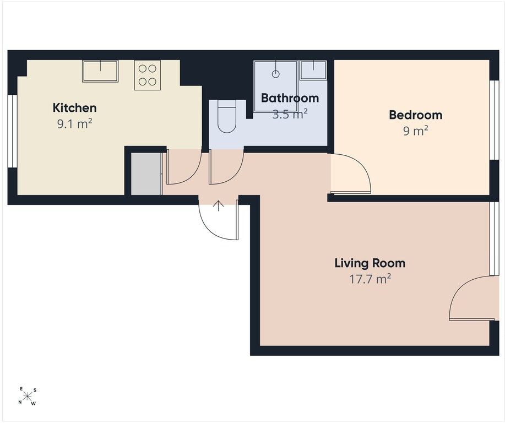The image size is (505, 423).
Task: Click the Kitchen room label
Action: click(74, 107)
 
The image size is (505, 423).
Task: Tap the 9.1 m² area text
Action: click(75, 124)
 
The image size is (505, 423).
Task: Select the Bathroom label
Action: click(290, 98)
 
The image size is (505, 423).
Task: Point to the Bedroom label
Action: click(415, 115)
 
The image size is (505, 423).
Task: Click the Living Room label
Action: click(370, 263)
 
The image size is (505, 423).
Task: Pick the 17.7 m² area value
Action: click(370, 279)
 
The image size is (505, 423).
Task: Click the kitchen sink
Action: click(100, 71)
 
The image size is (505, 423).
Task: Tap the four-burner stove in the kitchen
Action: click(148, 75)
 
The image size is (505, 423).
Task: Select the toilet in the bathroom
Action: click(227, 116)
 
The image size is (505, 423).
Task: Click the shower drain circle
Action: click(275, 74)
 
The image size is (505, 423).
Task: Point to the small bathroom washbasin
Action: click(313, 70)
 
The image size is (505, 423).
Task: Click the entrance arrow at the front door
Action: click(219, 206)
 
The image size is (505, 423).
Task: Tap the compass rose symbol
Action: click(28, 395)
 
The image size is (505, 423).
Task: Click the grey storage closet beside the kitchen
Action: click(146, 174)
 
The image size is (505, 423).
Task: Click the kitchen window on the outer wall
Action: click(12, 131)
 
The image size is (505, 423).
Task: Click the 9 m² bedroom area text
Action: click(416, 131)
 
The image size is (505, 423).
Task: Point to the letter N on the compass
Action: click(20, 402)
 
